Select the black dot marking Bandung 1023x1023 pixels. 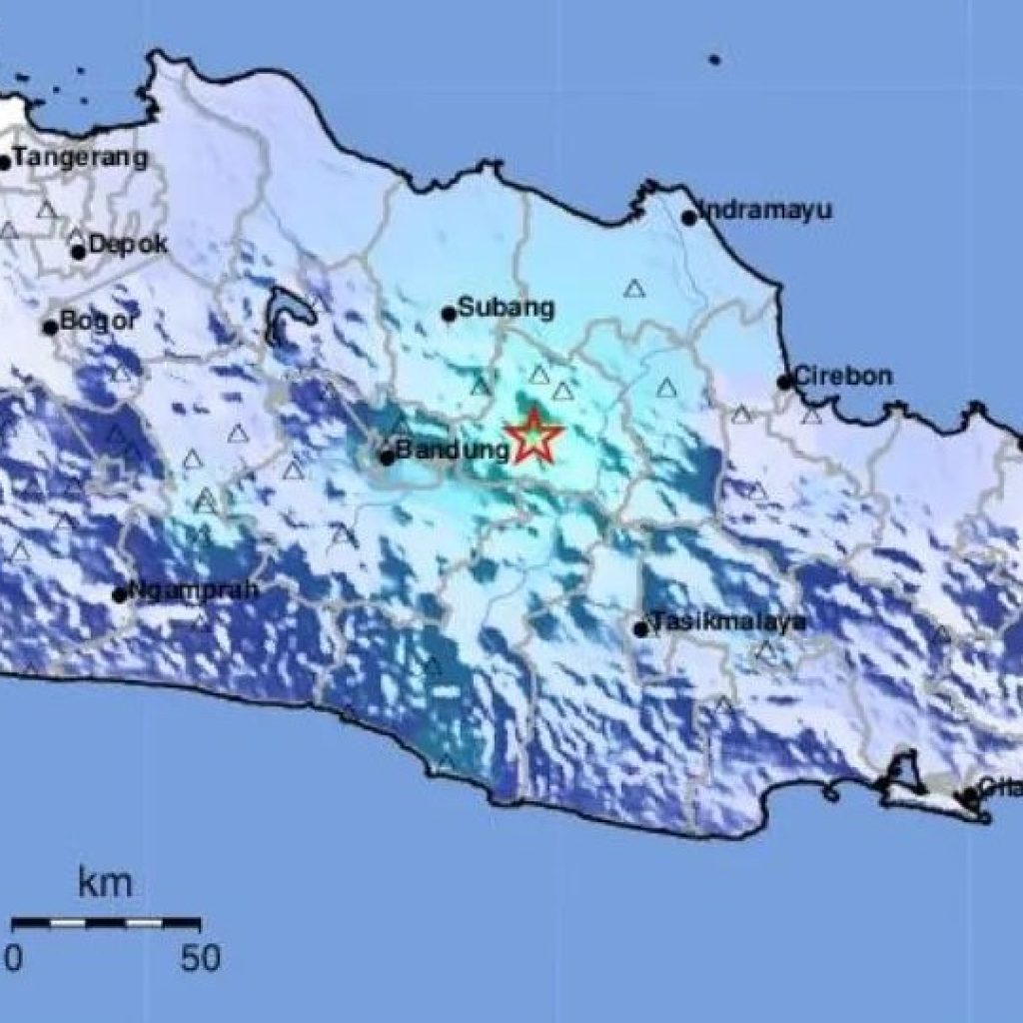pos(387,459)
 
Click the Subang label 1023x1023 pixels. pos(506,308)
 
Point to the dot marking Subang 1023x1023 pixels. pos(450,314)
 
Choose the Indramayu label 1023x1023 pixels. pos(765,211)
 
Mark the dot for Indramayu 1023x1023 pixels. pos(688,218)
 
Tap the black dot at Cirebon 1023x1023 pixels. pos(785,382)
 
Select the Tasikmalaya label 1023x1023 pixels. pos(728,622)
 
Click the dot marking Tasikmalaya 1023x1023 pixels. pos(640,629)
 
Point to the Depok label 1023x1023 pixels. pos(128,244)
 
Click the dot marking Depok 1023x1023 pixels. pos(78,252)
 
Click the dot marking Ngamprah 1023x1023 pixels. pos(120,595)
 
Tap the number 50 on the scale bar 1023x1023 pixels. pos(200,959)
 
